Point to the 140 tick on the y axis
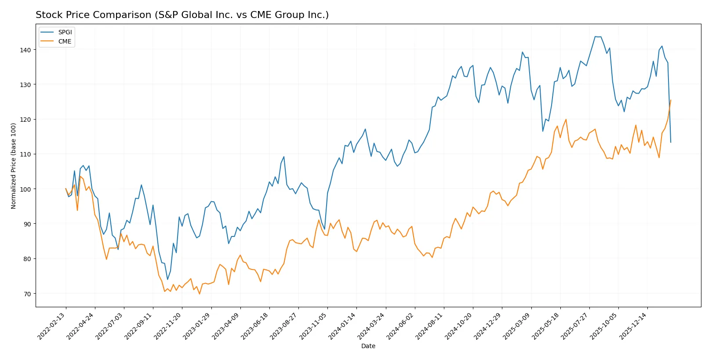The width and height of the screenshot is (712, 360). pyautogui.click(x=25, y=50)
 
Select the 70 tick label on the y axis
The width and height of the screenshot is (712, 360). pyautogui.click(x=27, y=294)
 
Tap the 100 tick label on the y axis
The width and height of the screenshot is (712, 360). pyautogui.click(x=25, y=189)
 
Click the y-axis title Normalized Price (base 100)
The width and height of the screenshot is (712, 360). pyautogui.click(x=13, y=166)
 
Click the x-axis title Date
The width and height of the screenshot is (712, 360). pyautogui.click(x=368, y=346)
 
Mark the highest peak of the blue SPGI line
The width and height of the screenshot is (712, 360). pyautogui.click(x=596, y=36)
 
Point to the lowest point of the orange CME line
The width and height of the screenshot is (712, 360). pyautogui.click(x=200, y=294)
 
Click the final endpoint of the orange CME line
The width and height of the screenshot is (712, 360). pyautogui.click(x=671, y=100)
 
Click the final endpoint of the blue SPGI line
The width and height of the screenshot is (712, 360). pyautogui.click(x=671, y=142)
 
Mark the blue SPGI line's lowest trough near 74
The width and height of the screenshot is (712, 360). pyautogui.click(x=167, y=280)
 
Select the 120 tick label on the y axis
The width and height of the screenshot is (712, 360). pyautogui.click(x=25, y=120)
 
